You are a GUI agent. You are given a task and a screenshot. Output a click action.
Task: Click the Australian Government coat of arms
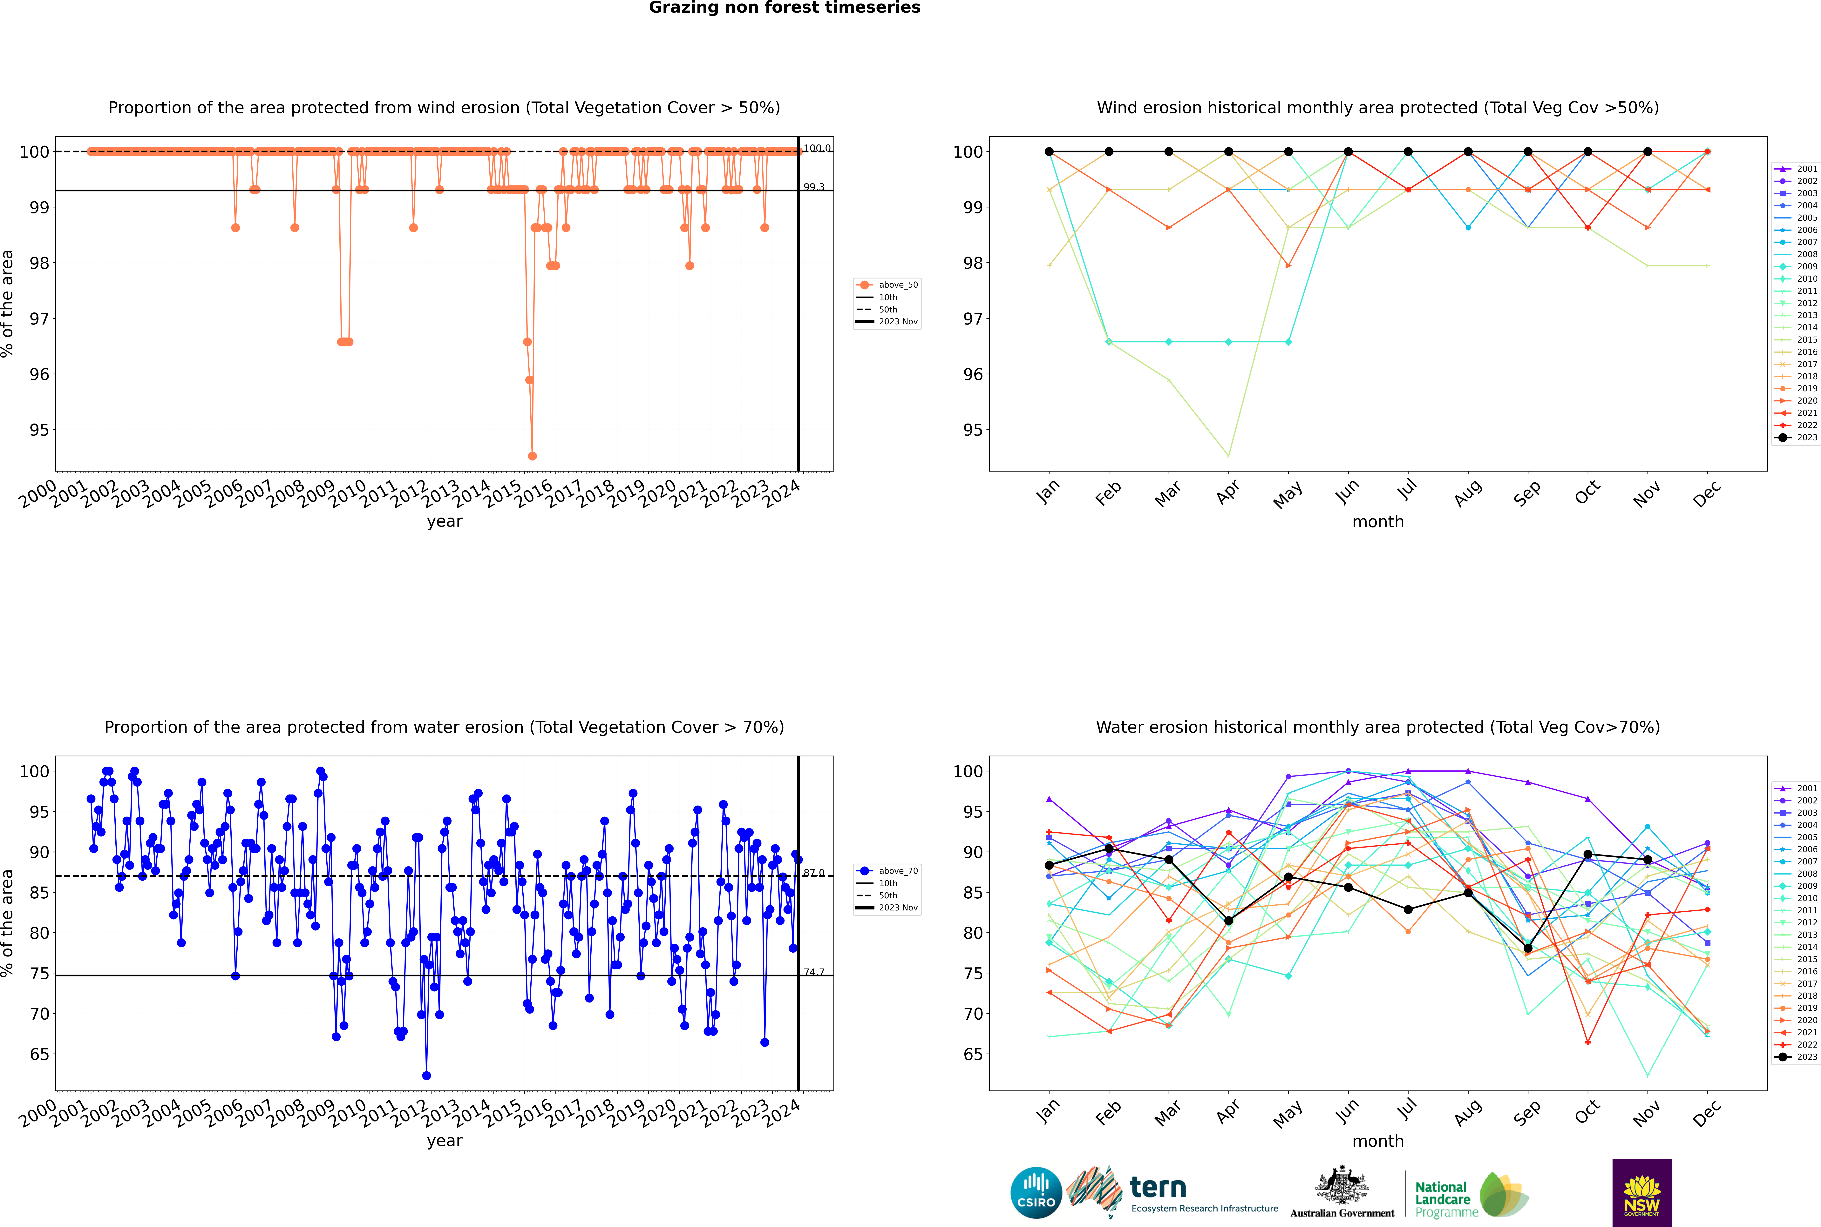1342,1185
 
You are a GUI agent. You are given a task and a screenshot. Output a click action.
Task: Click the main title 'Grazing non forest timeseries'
785,8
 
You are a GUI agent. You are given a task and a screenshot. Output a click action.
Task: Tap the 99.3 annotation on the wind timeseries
813,187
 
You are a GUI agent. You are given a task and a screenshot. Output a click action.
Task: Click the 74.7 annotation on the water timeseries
813,972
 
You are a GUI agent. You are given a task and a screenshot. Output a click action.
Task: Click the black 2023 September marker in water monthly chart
1527,949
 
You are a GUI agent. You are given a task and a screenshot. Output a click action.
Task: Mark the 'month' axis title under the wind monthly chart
1378,522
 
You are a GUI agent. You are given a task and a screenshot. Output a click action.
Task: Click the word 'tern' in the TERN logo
1158,1188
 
